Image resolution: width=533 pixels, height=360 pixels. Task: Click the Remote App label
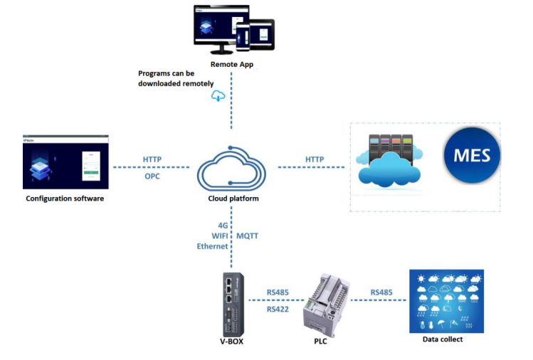(x=232, y=65)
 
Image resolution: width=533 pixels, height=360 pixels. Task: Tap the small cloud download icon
(x=218, y=96)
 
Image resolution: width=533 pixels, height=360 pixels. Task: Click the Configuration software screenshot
(x=65, y=161)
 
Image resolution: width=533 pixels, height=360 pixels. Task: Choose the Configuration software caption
(x=65, y=198)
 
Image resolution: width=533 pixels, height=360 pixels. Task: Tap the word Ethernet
(x=212, y=246)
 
